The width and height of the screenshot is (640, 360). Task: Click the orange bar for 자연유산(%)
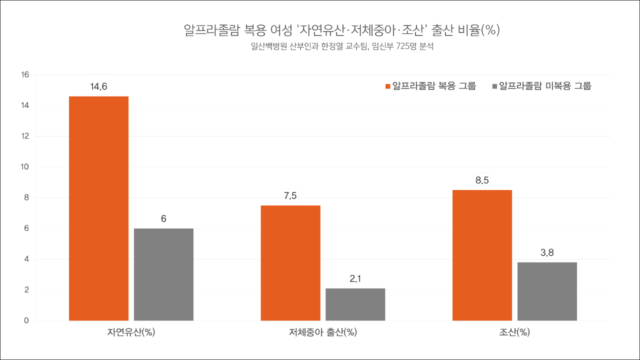[98, 208]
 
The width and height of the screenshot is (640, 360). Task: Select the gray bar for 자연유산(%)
[163, 274]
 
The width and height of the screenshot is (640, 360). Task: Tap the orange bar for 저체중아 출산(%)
[290, 262]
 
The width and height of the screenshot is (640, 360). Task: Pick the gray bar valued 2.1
[355, 304]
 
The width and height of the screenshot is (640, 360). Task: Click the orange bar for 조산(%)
[482, 255]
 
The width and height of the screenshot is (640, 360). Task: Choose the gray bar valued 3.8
[547, 291]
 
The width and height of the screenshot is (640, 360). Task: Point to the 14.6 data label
[98, 87]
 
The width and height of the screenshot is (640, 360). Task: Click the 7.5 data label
[290, 196]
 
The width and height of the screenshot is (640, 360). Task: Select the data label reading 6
[163, 219]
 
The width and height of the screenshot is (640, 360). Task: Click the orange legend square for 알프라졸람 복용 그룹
[387, 86]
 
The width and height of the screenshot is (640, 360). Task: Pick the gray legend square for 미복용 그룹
[494, 86]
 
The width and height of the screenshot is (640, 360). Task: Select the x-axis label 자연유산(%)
[131, 332]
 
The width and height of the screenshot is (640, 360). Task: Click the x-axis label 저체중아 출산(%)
[322, 332]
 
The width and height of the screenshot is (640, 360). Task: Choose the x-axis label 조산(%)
[514, 332]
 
